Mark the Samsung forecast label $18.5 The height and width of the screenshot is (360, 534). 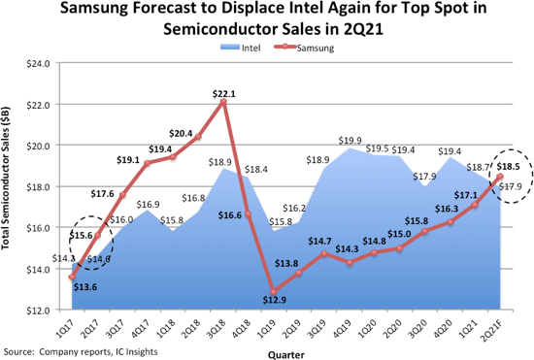tap(510, 168)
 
